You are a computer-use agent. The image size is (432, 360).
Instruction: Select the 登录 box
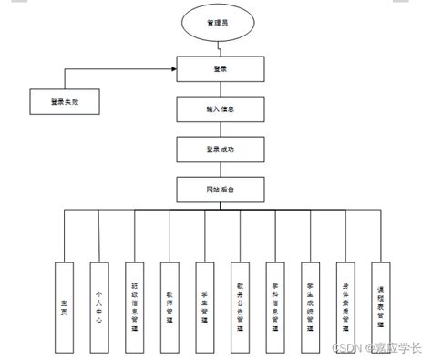point(221,68)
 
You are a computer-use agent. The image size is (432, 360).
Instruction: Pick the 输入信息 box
point(221,109)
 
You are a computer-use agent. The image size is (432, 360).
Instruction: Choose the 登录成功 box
point(221,149)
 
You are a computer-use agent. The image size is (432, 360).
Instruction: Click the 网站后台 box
point(221,189)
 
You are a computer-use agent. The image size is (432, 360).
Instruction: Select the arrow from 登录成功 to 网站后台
point(221,169)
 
